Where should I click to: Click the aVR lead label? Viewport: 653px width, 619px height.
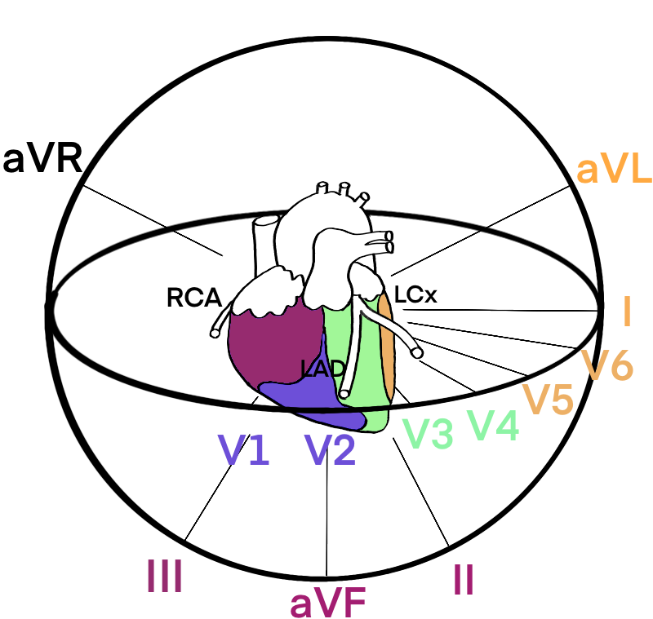click(x=42, y=159)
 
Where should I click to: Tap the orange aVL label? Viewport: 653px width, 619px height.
click(x=614, y=170)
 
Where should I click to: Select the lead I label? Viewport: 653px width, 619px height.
click(x=627, y=312)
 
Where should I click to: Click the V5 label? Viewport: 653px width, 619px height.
click(x=549, y=399)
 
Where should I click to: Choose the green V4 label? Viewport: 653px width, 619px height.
click(x=494, y=425)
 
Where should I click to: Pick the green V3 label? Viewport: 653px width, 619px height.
click(x=427, y=434)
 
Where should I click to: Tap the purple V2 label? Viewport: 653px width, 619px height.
click(x=331, y=449)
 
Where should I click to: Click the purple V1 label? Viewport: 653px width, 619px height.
click(x=244, y=449)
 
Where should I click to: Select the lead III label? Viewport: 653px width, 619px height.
click(x=165, y=575)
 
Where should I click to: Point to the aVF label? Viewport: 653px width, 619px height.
click(x=328, y=603)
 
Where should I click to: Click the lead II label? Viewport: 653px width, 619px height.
click(x=464, y=580)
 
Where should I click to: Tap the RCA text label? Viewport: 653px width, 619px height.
click(x=194, y=298)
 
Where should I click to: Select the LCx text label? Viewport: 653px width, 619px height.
click(x=415, y=294)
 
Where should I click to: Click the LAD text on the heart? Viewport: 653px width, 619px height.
click(x=323, y=369)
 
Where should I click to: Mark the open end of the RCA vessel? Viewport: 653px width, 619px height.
click(x=215, y=334)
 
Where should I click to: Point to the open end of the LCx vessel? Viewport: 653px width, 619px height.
click(x=417, y=353)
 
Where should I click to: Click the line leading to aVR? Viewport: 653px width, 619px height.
click(x=153, y=220)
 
